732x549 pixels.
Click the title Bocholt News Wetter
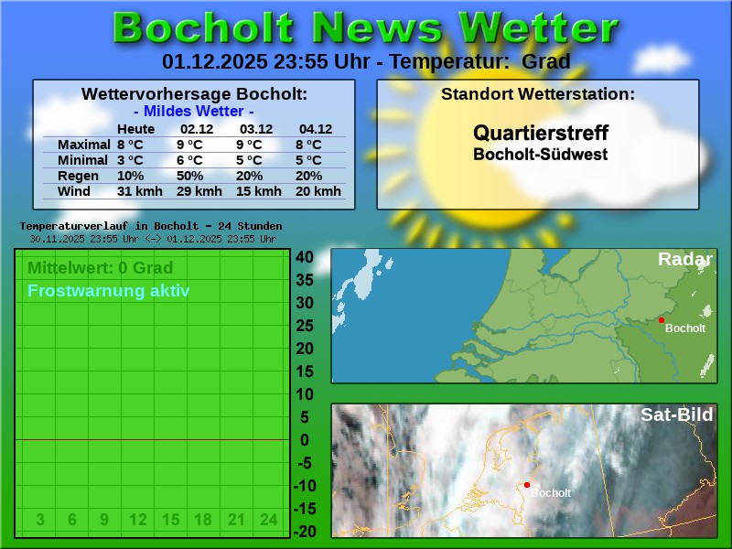coord(365,28)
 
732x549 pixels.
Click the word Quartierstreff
coord(540,134)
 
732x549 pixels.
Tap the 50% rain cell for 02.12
coord(189,176)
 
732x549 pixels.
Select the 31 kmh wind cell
coord(140,191)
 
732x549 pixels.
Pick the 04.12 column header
coord(316,129)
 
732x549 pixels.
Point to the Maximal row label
coord(83,145)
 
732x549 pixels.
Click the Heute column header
coord(136,129)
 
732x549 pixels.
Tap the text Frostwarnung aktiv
coord(109,291)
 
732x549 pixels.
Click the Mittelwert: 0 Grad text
coord(100,268)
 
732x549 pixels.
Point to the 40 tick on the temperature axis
coord(304,257)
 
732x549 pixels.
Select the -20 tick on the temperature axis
coord(304,532)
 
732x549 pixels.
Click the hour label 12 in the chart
coord(137,520)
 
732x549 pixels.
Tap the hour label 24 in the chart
coord(268,520)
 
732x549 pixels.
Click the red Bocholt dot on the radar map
coord(662,320)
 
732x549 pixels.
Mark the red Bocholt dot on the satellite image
coord(527,485)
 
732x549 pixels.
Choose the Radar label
coord(684,260)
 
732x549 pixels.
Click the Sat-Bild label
coord(676,414)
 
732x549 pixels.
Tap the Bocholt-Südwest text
coord(540,155)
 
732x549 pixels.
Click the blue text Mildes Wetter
coord(194,112)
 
